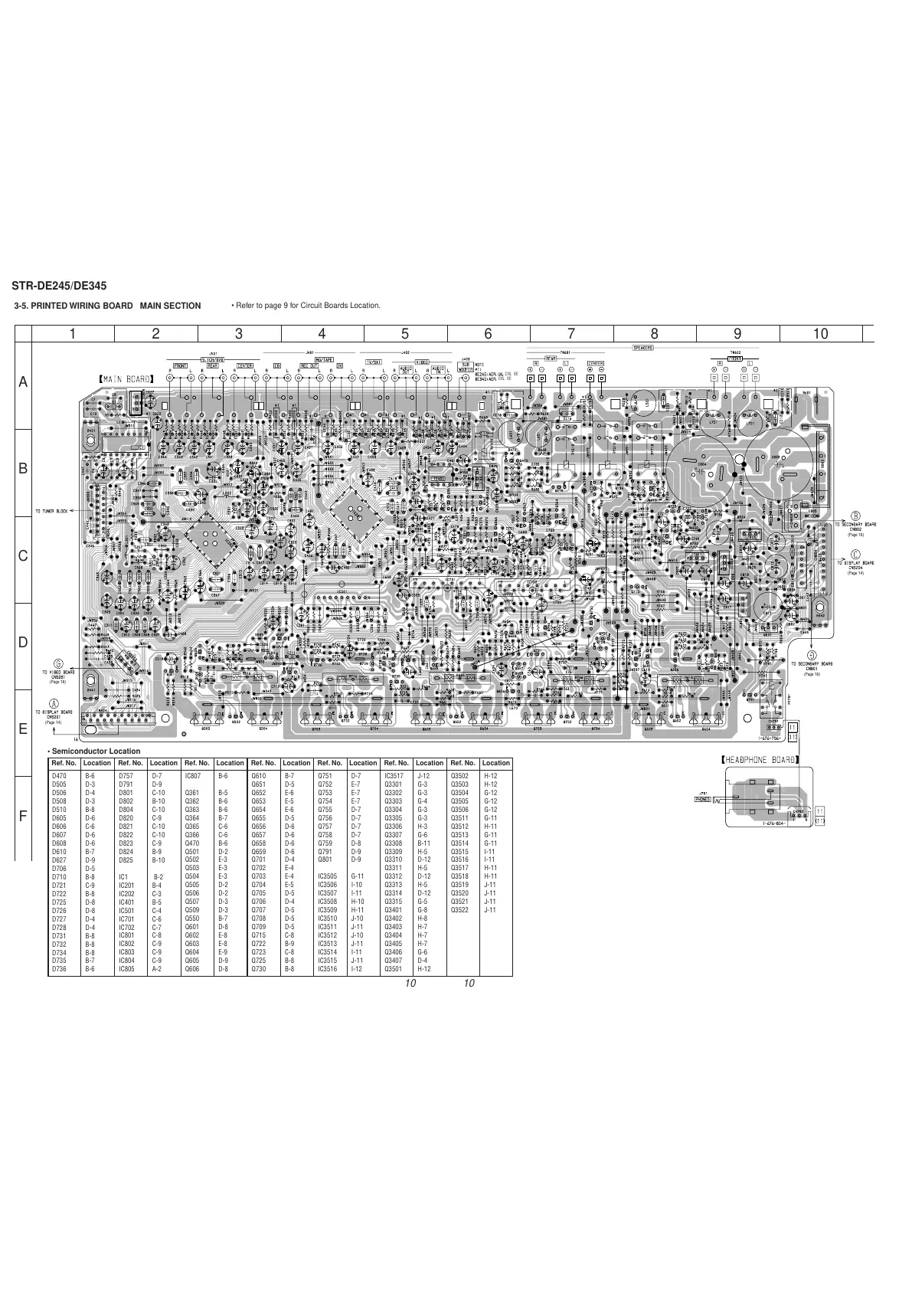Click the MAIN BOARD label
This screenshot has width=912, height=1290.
pyautogui.click(x=126, y=378)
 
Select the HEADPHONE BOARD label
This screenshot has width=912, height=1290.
pyautogui.click(x=760, y=760)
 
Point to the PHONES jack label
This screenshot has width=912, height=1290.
pyautogui.click(x=702, y=799)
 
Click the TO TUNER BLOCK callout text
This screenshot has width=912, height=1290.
pyautogui.click(x=51, y=510)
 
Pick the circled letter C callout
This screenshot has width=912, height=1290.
pyautogui.click(x=855, y=554)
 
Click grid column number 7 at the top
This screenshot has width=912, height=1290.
pyautogui.click(x=571, y=333)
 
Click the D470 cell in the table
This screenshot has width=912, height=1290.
pyautogui.click(x=59, y=776)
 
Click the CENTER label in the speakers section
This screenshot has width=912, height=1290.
pyautogui.click(x=595, y=364)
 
